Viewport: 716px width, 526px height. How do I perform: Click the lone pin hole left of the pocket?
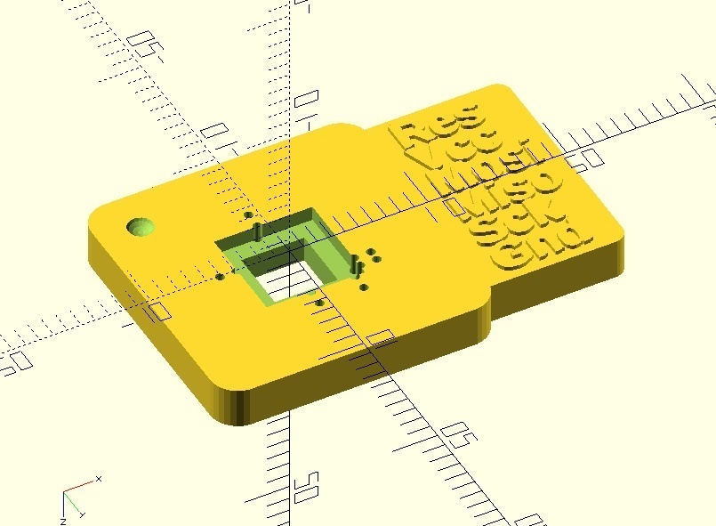click(220, 276)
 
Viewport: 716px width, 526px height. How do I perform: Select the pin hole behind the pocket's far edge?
click(248, 214)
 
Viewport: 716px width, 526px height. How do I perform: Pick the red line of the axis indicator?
click(80, 487)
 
